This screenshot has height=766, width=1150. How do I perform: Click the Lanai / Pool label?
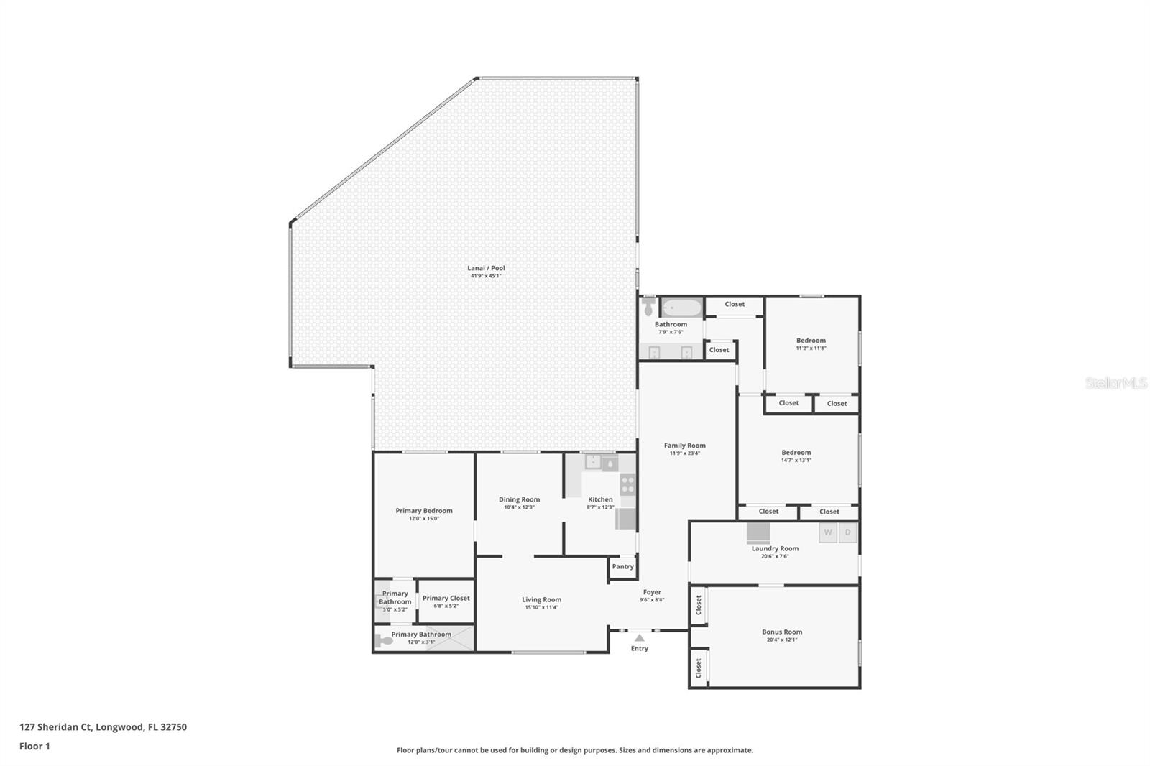tap(486, 268)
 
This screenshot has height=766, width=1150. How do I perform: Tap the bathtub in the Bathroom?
tap(681, 308)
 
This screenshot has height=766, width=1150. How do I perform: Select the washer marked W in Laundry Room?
tap(828, 532)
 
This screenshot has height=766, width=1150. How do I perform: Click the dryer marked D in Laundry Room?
tap(848, 532)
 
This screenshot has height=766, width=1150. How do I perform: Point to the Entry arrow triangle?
tap(639, 637)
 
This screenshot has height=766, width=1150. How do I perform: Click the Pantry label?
tap(622, 566)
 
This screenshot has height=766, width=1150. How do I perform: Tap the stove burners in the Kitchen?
tap(627, 485)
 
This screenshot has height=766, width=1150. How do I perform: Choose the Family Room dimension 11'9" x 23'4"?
tap(684, 453)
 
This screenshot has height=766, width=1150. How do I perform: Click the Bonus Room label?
tap(782, 632)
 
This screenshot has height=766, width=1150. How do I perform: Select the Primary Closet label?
tap(446, 598)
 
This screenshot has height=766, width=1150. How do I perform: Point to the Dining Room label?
tap(519, 499)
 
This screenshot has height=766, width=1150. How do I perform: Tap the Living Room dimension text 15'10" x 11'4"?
tap(541, 608)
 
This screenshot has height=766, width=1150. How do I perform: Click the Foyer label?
tap(652, 592)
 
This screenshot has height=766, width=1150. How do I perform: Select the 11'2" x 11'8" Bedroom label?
tap(811, 341)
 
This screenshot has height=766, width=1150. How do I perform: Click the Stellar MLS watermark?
tap(1115, 384)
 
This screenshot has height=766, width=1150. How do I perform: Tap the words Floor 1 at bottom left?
tap(34, 746)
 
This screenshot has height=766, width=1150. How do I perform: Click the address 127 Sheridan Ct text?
tap(103, 726)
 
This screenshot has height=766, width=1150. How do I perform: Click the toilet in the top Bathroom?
tap(648, 308)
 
